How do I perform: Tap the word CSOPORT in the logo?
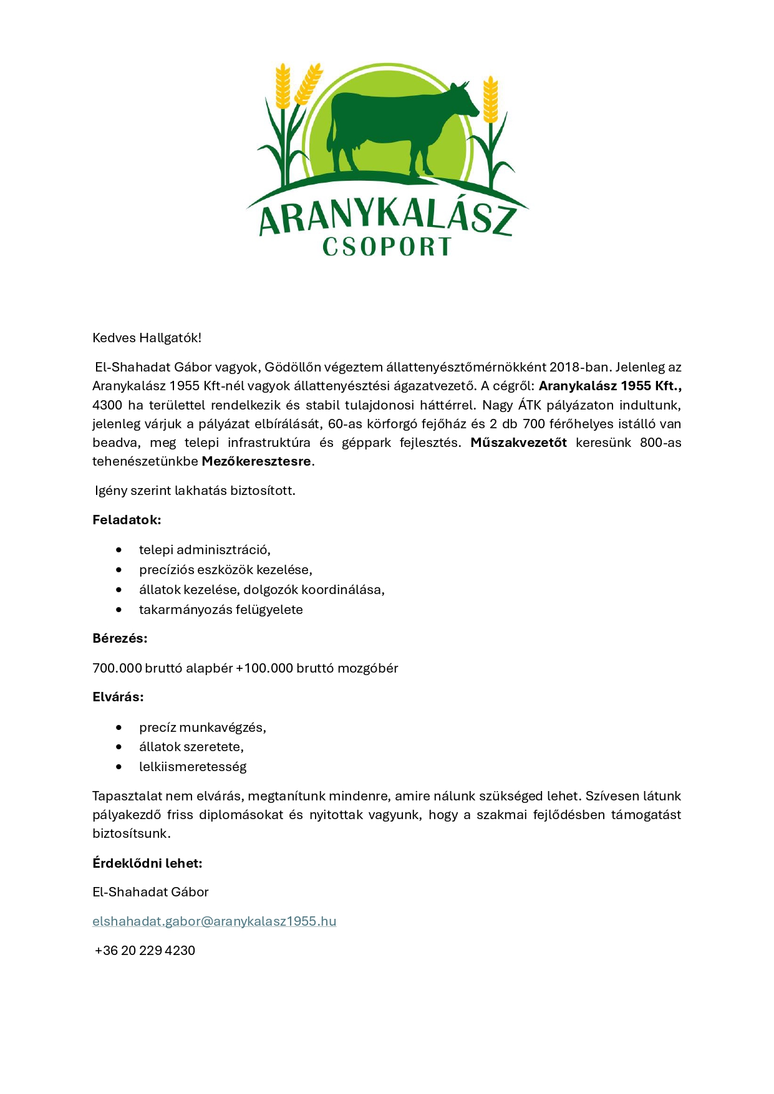(387, 247)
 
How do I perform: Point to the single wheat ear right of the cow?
(491, 100)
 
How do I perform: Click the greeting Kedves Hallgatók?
(147, 338)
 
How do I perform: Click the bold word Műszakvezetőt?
(518, 443)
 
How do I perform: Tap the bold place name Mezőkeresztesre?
(256, 461)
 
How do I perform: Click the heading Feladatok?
(127, 520)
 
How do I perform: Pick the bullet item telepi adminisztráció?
(205, 550)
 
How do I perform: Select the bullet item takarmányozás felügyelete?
(221, 610)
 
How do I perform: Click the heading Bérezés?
(120, 638)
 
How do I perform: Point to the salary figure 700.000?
(117, 668)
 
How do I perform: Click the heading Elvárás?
(118, 697)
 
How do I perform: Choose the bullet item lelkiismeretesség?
(193, 767)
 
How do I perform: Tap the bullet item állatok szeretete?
(191, 747)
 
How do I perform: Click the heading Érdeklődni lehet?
(147, 863)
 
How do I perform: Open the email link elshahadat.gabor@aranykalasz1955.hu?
(214, 921)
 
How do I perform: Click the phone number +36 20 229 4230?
(145, 951)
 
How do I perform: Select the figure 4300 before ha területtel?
(107, 405)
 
